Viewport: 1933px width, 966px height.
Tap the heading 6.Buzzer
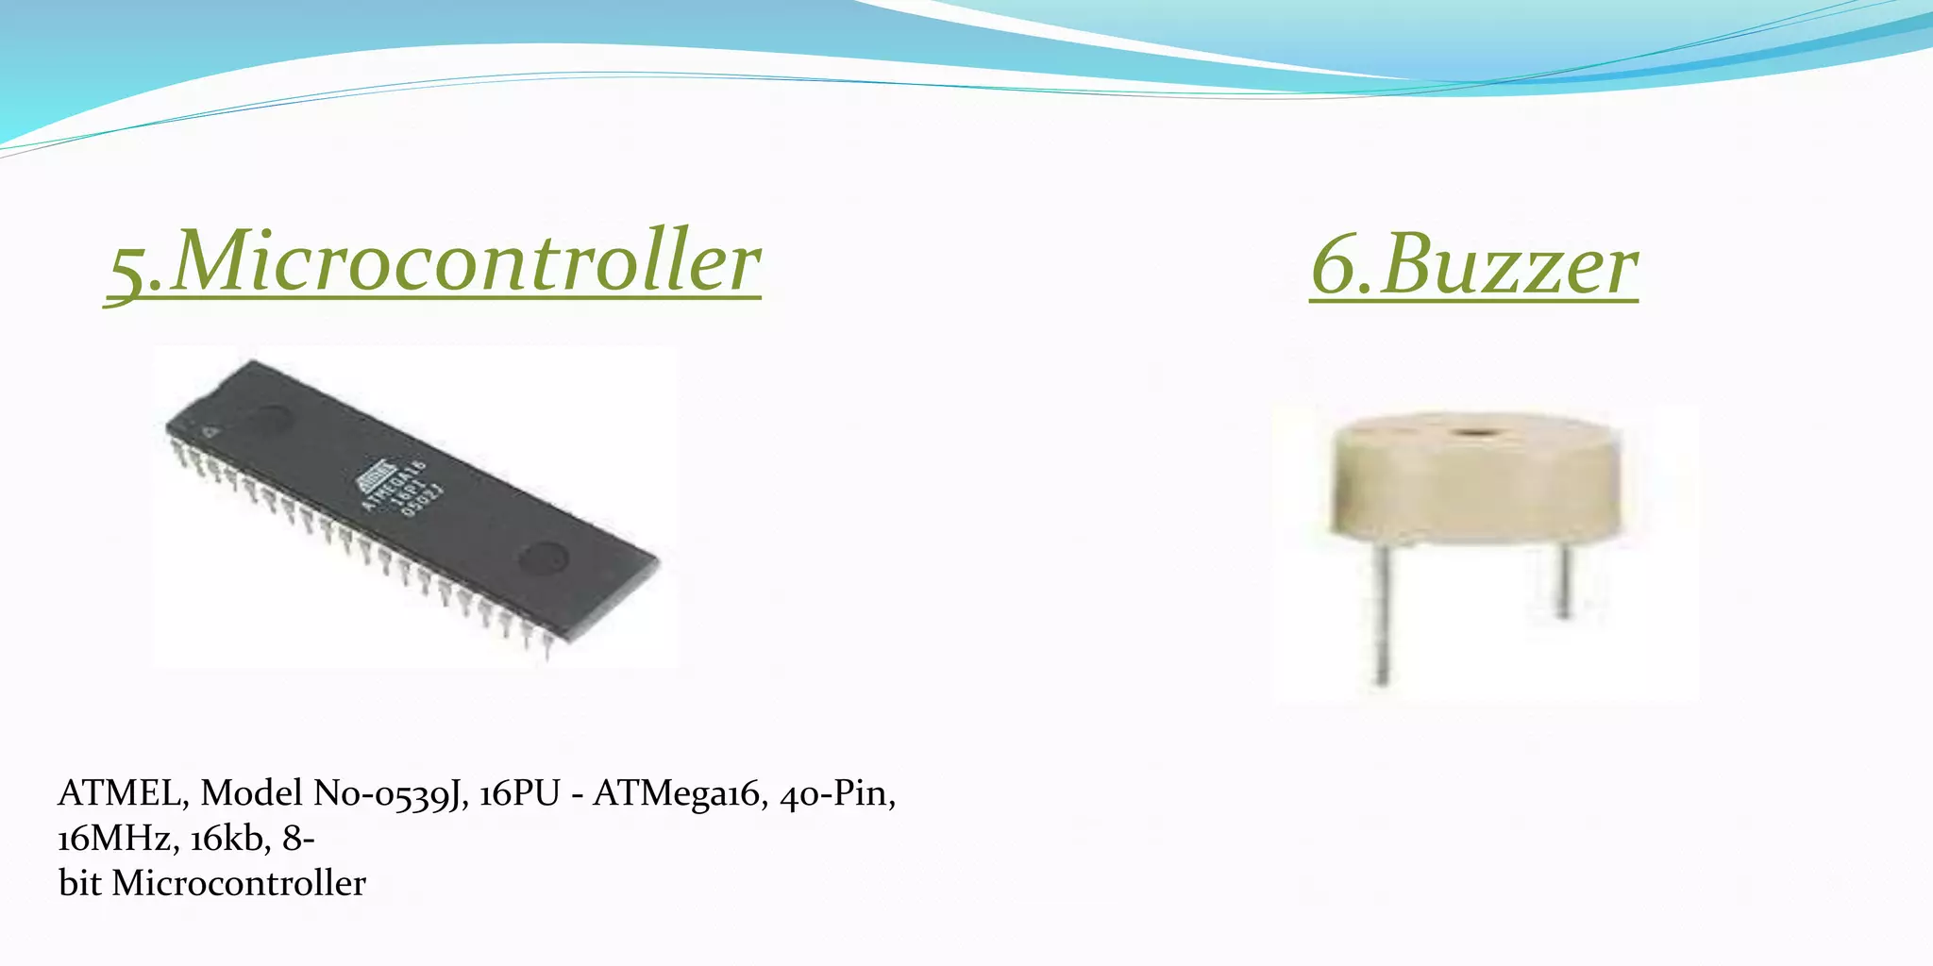click(x=1473, y=266)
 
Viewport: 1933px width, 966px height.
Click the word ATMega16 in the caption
click(x=677, y=793)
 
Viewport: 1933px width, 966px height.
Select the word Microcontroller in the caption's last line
click(x=239, y=884)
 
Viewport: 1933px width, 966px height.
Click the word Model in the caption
click(x=251, y=793)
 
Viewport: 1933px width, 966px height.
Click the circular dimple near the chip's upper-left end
click(x=272, y=418)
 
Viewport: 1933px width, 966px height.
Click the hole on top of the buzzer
click(x=1470, y=434)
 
